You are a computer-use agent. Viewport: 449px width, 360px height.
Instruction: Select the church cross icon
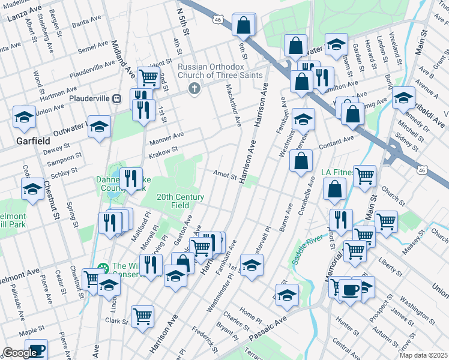[193, 89]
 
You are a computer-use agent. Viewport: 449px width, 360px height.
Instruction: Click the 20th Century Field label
[181, 201]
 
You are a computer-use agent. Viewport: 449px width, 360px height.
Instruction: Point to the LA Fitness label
[338, 173]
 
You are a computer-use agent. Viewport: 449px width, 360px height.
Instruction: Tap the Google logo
[20, 353]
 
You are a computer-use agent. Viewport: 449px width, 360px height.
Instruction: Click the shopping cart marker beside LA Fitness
[364, 175]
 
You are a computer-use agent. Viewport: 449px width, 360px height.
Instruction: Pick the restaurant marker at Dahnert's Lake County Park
[130, 177]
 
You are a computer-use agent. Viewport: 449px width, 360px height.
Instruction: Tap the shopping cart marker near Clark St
[142, 315]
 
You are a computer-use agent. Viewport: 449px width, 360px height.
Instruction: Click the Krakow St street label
[163, 152]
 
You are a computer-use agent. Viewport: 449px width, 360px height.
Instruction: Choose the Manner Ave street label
[166, 139]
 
